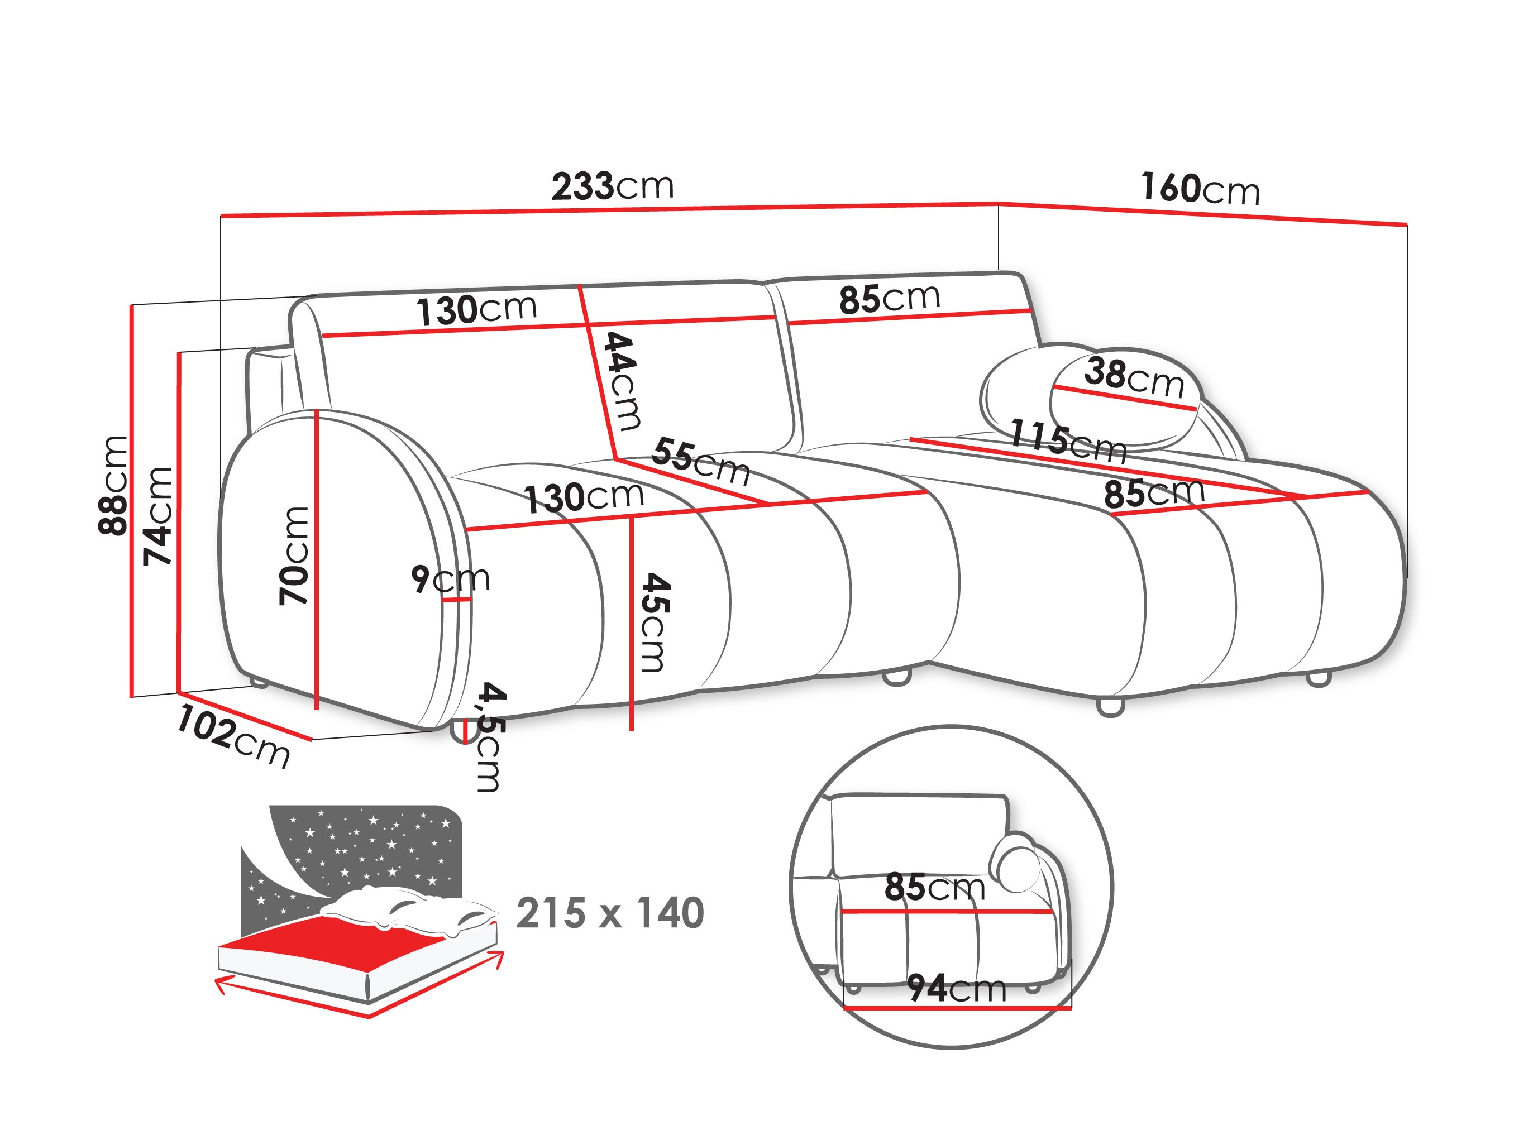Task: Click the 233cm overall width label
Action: pyautogui.click(x=612, y=186)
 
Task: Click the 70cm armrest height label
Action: pyautogui.click(x=294, y=555)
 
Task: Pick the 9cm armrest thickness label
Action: pyautogui.click(x=450, y=579)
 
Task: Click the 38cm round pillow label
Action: pyautogui.click(x=1134, y=377)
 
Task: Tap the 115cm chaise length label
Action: pyautogui.click(x=1068, y=441)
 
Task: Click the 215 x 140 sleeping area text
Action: pyautogui.click(x=609, y=913)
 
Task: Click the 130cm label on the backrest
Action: pyautogui.click(x=476, y=310)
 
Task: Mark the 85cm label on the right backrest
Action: pyautogui.click(x=889, y=298)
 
